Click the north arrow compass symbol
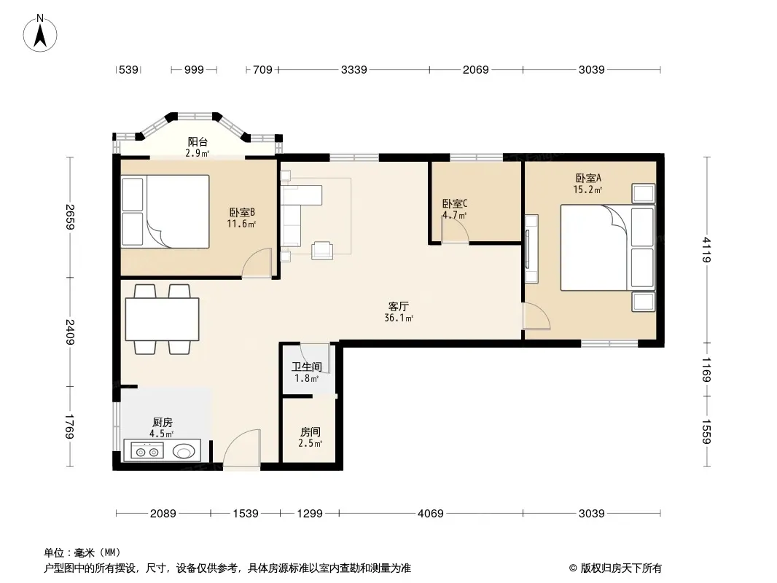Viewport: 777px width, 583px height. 40,33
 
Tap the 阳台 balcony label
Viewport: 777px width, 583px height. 198,142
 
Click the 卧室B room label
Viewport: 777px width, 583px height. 242,213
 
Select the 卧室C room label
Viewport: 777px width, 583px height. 454,203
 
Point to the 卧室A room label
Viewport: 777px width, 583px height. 588,178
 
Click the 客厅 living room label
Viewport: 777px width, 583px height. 399,307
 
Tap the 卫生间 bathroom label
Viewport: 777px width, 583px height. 307,367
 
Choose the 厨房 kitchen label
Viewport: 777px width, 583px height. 163,423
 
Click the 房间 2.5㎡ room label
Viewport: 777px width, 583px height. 311,432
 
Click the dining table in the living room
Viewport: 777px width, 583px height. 162,319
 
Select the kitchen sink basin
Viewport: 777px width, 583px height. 184,451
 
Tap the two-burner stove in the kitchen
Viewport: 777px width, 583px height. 147,451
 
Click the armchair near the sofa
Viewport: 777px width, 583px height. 322,250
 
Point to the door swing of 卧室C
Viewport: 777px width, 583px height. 456,230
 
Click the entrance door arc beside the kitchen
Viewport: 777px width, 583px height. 242,447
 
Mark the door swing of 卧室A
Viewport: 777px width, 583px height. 536,316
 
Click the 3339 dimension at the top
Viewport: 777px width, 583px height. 354,70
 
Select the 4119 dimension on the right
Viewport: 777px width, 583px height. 707,250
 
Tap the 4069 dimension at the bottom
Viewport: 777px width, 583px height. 430,514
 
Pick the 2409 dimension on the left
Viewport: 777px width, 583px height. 70,332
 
